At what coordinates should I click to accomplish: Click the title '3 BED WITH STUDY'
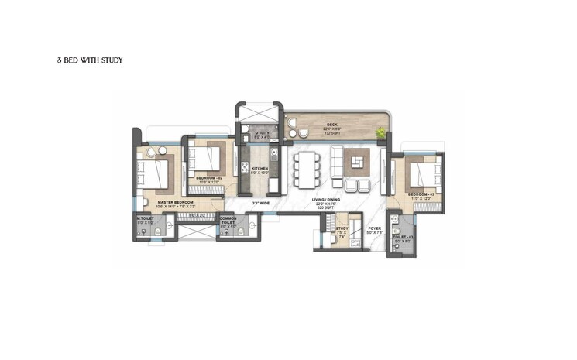[90, 60]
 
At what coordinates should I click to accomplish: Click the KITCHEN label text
[259, 169]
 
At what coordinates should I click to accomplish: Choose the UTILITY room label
[263, 134]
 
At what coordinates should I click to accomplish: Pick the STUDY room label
[341, 228]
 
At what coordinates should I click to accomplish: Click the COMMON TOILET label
[228, 221]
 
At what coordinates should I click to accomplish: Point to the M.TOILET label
[145, 219]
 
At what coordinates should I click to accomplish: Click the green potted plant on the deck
[380, 134]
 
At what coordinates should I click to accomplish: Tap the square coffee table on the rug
[357, 162]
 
